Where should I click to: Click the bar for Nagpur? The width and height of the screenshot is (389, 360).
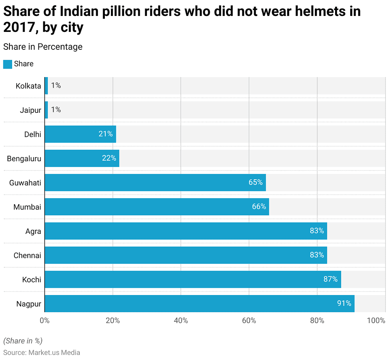pos(199,303)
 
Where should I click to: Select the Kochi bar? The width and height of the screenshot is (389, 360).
pos(193,279)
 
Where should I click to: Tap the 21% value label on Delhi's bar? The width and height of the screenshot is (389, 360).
pos(106,134)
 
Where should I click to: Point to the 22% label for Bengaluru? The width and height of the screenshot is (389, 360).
pos(109,158)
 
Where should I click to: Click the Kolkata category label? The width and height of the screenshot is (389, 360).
pos(28,86)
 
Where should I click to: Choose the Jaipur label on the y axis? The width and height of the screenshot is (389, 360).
pos(30,110)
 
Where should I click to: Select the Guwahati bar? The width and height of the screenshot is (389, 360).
pos(155,183)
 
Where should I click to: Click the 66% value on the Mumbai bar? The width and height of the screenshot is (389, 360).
pos(259,207)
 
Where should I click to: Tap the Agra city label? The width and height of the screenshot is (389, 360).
pos(33,231)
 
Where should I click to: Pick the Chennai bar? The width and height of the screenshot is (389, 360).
pos(186,255)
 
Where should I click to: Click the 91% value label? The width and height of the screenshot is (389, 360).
pos(344,303)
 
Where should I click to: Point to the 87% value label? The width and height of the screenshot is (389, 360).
pos(330,279)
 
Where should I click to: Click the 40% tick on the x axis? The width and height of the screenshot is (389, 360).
pos(181,321)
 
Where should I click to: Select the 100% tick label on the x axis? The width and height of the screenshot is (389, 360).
pos(376,321)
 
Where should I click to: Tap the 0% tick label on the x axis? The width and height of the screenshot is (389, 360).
pos(44,321)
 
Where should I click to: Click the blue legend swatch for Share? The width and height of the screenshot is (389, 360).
pos(8,64)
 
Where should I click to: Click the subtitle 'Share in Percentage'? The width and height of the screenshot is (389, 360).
pos(43,47)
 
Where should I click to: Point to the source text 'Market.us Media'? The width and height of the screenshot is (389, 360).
pos(54,352)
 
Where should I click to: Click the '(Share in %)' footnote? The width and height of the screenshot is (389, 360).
pos(23,341)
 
